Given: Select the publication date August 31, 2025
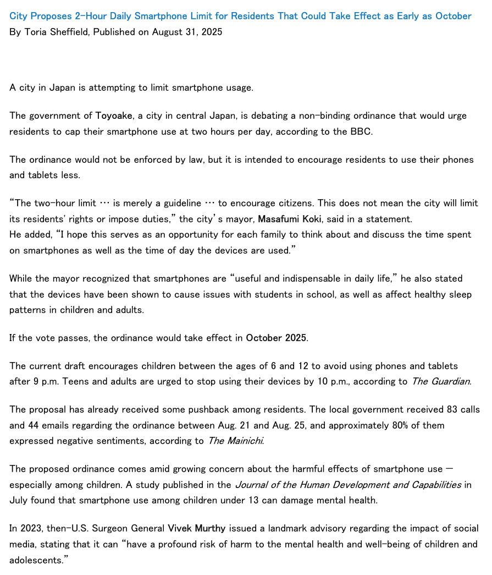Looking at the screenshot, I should click(187, 32).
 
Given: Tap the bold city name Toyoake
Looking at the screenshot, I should click(114, 116).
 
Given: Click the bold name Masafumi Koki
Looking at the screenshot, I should click(290, 219).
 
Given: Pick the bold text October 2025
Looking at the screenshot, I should click(276, 338).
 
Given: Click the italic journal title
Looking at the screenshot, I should click(348, 485).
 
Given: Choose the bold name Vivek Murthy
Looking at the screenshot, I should click(196, 528).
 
